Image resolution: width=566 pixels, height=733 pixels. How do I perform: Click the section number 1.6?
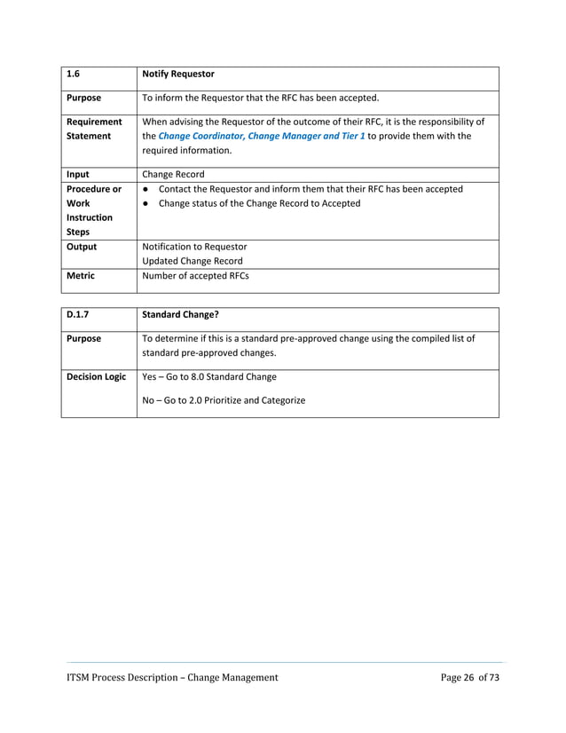pos(74,75)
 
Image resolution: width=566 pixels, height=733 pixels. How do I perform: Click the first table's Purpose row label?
pos(84,99)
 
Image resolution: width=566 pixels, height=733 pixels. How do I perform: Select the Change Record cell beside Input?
pos(173,175)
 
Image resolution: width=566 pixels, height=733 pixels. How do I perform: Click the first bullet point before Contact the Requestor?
pos(145,189)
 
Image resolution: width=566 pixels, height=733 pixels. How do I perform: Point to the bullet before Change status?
pos(145,203)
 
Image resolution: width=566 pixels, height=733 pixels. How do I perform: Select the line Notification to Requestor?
pos(194,247)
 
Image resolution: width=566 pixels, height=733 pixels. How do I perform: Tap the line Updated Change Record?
pos(192,261)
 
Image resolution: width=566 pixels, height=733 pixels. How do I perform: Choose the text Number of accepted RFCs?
pos(195,276)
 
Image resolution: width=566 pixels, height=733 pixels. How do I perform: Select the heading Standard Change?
pos(181,315)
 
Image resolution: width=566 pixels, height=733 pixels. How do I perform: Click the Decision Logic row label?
pos(96,377)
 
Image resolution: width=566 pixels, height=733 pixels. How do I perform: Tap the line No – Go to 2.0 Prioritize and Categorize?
pos(224,400)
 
